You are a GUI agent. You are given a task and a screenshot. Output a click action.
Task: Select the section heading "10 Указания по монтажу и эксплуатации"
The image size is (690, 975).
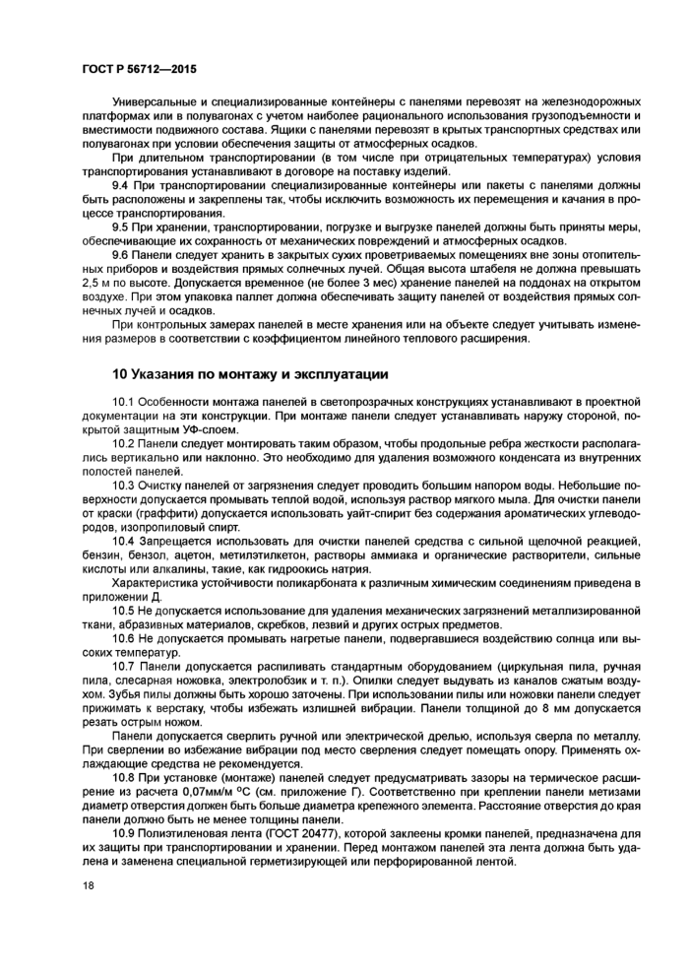tap(251, 374)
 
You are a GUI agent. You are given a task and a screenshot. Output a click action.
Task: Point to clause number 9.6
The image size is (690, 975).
tap(123, 253)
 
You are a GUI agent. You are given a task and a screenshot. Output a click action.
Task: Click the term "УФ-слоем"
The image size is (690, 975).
tap(210, 429)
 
